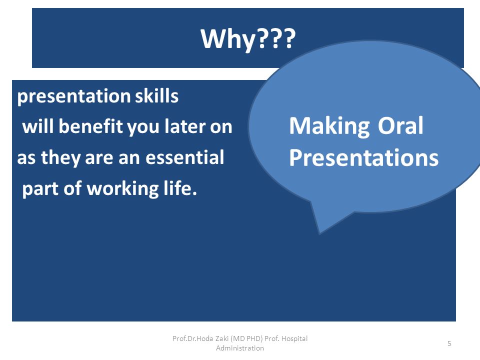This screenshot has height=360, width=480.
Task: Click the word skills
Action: coord(156,96)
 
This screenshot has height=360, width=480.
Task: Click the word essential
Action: coord(185,157)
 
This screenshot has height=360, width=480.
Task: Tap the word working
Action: coord(123,189)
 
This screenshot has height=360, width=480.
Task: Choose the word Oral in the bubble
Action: coord(400,126)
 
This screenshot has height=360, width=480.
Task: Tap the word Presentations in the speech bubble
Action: coord(364,157)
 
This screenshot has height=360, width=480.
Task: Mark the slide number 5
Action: coord(449,343)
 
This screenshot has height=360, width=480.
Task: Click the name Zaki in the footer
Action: coord(222,338)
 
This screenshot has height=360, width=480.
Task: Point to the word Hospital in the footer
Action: coord(294,339)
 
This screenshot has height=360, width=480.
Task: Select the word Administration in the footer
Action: coord(240,348)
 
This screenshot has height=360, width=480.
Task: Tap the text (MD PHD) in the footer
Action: coord(246,338)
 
